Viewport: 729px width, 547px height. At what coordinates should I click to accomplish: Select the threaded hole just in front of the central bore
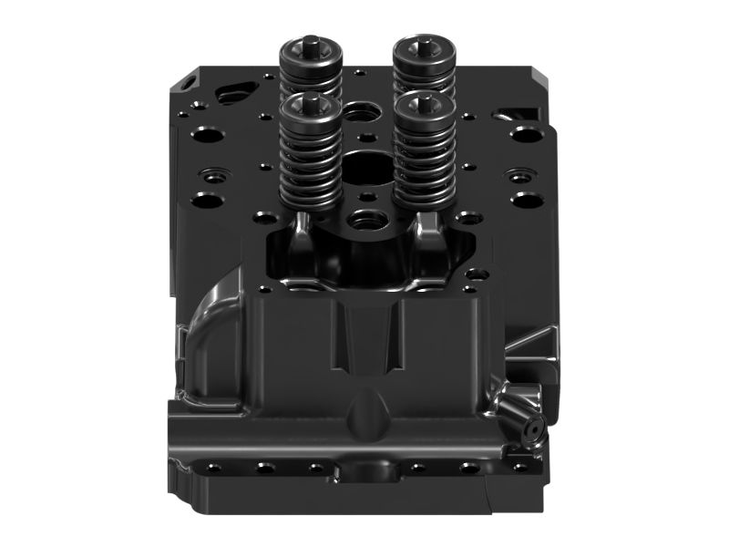[368, 218]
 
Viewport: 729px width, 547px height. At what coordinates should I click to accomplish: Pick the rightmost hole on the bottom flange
[520, 468]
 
